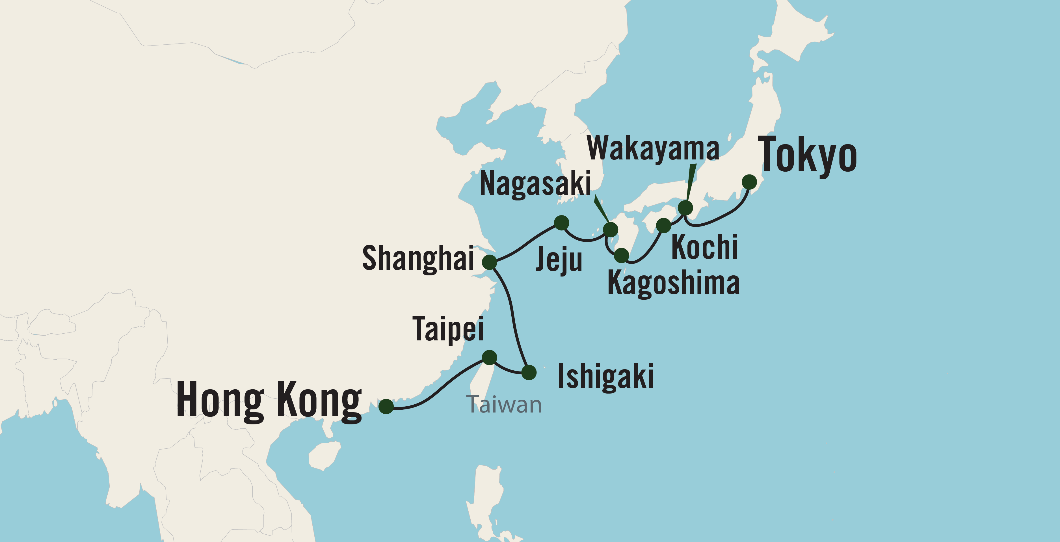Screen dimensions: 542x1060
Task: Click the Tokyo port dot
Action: click(749, 182)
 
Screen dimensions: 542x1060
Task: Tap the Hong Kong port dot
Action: click(386, 407)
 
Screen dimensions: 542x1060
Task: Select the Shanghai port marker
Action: click(490, 262)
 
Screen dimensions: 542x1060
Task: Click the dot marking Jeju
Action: click(562, 223)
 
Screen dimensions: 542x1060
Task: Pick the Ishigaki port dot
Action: click(529, 372)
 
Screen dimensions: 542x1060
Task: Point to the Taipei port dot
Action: click(489, 357)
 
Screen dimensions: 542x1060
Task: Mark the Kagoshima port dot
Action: click(621, 256)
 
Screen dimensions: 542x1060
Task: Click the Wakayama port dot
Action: click(685, 208)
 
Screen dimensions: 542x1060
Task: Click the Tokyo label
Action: click(807, 155)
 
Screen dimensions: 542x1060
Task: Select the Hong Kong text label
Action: click(269, 400)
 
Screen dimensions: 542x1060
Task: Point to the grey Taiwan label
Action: click(504, 405)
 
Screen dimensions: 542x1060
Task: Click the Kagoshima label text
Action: click(673, 283)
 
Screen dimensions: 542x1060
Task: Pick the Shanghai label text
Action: click(418, 258)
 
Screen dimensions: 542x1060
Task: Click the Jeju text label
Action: click(559, 260)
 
